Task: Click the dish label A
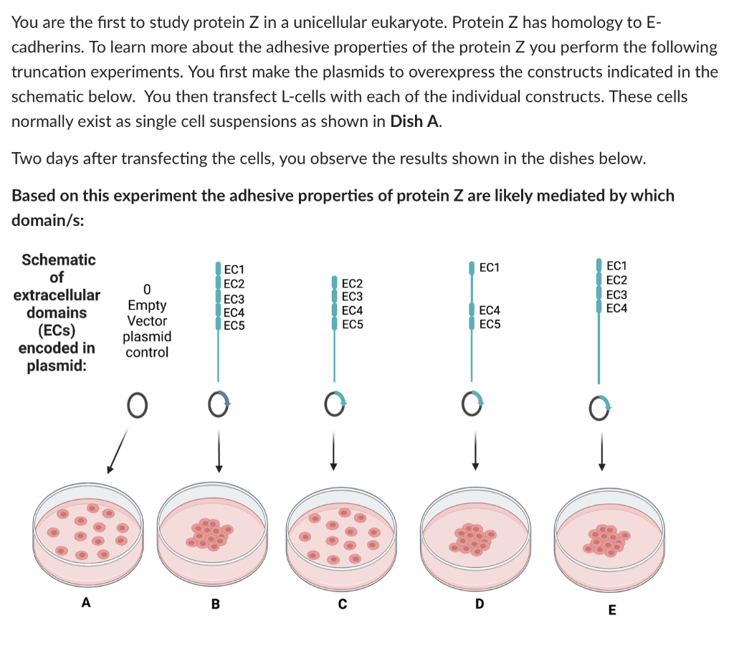86,603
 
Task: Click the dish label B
215,605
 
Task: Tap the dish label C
342,605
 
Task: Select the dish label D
479,605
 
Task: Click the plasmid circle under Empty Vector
138,406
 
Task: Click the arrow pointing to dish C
333,452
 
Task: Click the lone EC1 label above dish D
490,268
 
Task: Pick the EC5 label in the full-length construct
234,325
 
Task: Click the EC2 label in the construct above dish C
352,284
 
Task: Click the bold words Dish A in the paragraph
414,120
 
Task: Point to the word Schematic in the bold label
57,260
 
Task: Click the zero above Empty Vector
146,290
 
